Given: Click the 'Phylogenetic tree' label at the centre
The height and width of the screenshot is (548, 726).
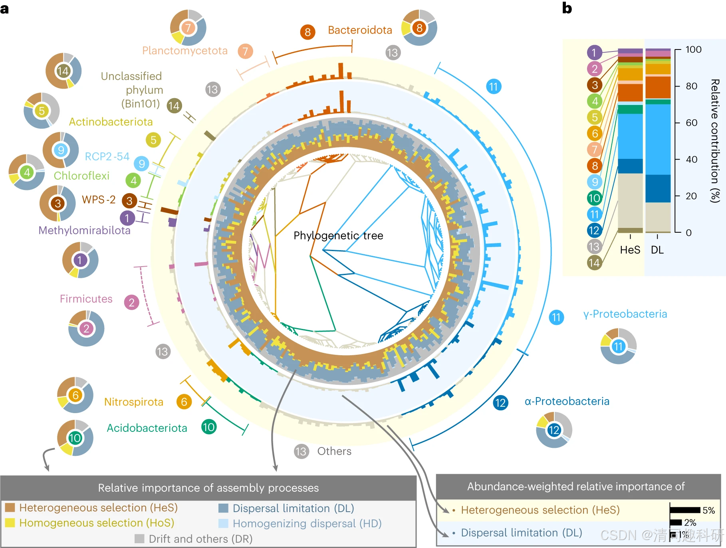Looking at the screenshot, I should click(x=338, y=235).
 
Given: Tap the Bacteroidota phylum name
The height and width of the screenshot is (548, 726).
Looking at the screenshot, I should click(x=360, y=30).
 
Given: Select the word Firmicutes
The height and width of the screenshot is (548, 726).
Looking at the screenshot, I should click(x=86, y=299).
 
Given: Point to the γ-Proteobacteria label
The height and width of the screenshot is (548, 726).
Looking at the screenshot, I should click(x=625, y=314).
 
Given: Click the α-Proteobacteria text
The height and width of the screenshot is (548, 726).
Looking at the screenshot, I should click(x=567, y=401).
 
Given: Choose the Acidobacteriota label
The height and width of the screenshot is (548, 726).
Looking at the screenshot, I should click(x=147, y=428).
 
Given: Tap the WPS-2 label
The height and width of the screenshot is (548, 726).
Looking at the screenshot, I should click(x=99, y=200).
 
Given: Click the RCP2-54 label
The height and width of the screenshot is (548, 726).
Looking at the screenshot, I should click(x=107, y=156).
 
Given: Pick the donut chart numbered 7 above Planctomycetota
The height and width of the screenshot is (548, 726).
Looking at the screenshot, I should click(x=188, y=28).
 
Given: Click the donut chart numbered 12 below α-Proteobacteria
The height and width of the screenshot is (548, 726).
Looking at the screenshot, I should click(x=554, y=430).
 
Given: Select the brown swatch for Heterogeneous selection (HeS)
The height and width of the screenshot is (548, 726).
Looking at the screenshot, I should click(x=10, y=507).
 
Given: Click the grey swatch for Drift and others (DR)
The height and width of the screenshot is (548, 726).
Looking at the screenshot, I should click(x=139, y=539).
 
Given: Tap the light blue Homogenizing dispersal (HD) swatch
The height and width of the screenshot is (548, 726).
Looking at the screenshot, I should click(x=223, y=523).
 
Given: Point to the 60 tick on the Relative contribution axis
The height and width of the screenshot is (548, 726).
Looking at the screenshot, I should click(x=693, y=123).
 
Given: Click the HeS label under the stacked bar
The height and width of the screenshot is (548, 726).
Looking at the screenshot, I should click(x=630, y=250).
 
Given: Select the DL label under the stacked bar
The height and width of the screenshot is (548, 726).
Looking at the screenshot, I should click(x=657, y=250).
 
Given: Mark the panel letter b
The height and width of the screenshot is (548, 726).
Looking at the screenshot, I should click(x=567, y=8).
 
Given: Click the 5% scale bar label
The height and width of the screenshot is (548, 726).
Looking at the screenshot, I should click(x=708, y=510).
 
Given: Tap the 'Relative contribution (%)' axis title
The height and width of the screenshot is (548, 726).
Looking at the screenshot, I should click(x=715, y=140).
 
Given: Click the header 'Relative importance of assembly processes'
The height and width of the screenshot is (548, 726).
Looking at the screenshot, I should click(x=208, y=488).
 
